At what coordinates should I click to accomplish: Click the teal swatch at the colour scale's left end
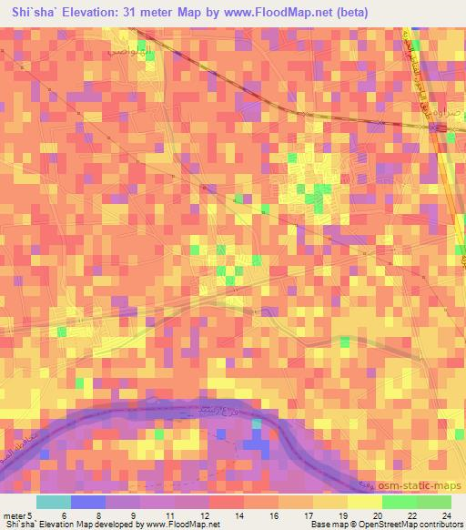point(54,502)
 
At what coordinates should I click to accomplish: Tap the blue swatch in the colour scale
point(88,502)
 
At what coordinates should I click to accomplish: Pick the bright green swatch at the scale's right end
point(434,502)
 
